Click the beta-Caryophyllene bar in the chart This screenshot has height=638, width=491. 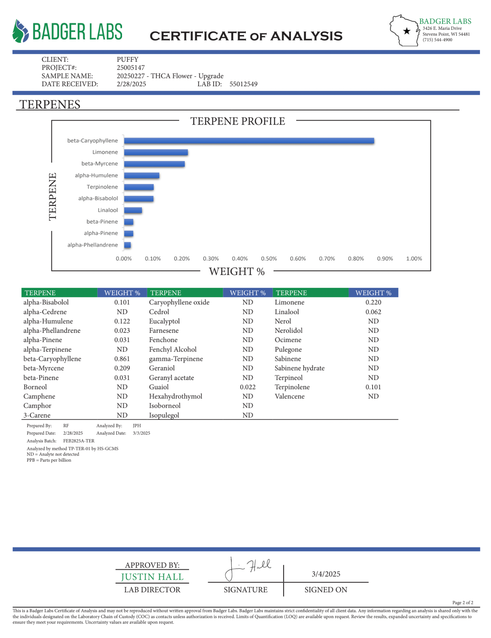[249, 141]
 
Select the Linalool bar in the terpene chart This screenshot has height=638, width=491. [133, 210]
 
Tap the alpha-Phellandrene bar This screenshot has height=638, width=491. [127, 245]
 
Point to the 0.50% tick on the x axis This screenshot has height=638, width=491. [269, 259]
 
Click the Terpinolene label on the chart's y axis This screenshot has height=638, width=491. [102, 187]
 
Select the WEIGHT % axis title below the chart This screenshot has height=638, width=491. [237, 271]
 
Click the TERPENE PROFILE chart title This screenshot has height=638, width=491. [237, 121]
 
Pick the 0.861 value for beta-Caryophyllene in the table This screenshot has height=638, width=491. [122, 359]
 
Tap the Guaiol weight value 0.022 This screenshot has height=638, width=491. [248, 387]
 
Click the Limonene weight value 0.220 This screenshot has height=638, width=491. [373, 302]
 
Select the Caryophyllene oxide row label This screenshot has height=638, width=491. [179, 302]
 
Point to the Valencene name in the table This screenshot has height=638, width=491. [289, 396]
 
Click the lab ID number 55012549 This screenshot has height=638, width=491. [243, 84]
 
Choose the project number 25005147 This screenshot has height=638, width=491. [131, 67]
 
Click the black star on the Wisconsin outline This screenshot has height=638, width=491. [407, 31]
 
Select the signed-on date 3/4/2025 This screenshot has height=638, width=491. [326, 574]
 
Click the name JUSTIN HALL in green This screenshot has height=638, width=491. [152, 577]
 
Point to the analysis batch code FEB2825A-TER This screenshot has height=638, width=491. [79, 441]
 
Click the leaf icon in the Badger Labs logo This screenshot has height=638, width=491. [20, 31]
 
